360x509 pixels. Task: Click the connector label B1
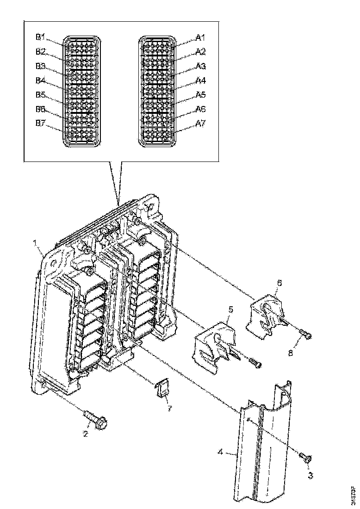tap(41, 37)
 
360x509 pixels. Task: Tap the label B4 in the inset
tap(41, 80)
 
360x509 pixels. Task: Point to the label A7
tap(200, 124)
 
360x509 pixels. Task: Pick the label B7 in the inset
tap(41, 124)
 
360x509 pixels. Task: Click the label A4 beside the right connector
tap(200, 80)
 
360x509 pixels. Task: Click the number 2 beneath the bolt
tap(86, 433)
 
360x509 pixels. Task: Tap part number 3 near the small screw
tap(310, 475)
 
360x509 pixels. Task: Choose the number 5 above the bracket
tap(230, 307)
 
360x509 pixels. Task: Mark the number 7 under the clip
tap(169, 409)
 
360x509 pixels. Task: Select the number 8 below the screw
tap(291, 353)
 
